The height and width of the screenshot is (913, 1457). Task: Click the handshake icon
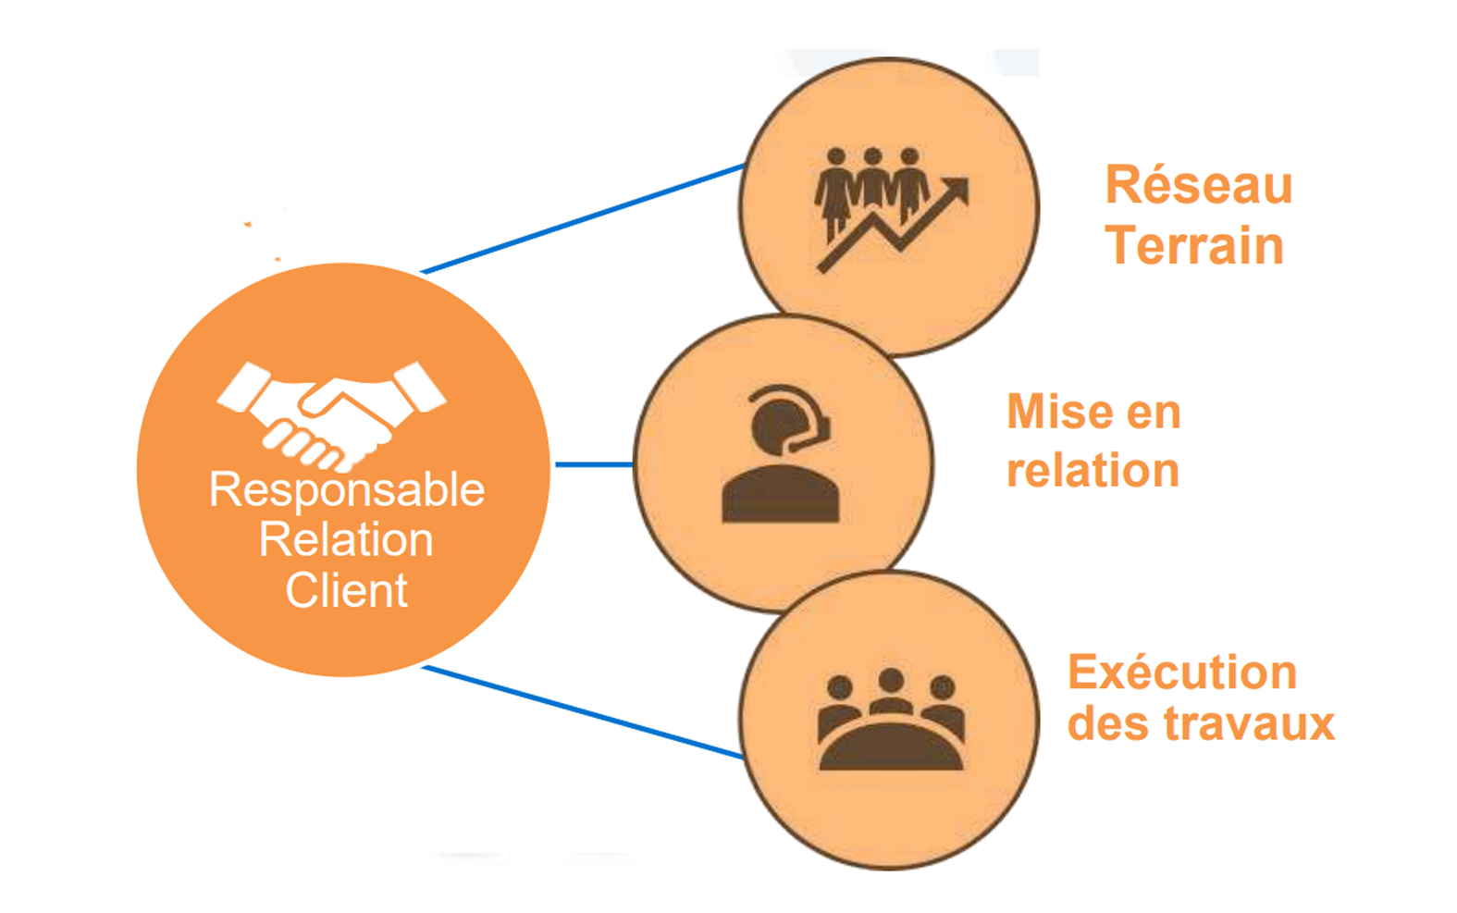click(x=331, y=413)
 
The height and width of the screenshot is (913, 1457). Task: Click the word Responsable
click(x=347, y=490)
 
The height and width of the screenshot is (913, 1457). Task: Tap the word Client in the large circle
click(x=346, y=591)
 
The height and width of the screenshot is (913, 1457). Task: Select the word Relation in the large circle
click(x=346, y=540)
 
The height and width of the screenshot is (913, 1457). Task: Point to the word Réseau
click(x=1199, y=185)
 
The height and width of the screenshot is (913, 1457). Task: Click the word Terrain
click(x=1194, y=246)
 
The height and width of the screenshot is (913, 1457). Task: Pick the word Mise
click(x=1058, y=412)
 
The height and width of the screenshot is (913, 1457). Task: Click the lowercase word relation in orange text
click(x=1093, y=471)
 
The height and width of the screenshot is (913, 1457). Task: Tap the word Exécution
click(x=1182, y=672)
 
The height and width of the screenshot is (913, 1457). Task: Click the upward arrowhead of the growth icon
click(x=957, y=190)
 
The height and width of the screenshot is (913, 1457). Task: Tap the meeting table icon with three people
click(x=891, y=722)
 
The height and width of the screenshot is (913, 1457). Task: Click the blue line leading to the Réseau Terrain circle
click(x=583, y=220)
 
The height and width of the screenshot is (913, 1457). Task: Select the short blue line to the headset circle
click(x=593, y=464)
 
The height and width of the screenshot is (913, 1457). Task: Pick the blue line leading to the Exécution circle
click(x=583, y=711)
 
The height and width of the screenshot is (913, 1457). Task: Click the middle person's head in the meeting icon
click(x=891, y=682)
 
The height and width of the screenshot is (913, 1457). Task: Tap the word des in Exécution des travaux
click(x=1107, y=724)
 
